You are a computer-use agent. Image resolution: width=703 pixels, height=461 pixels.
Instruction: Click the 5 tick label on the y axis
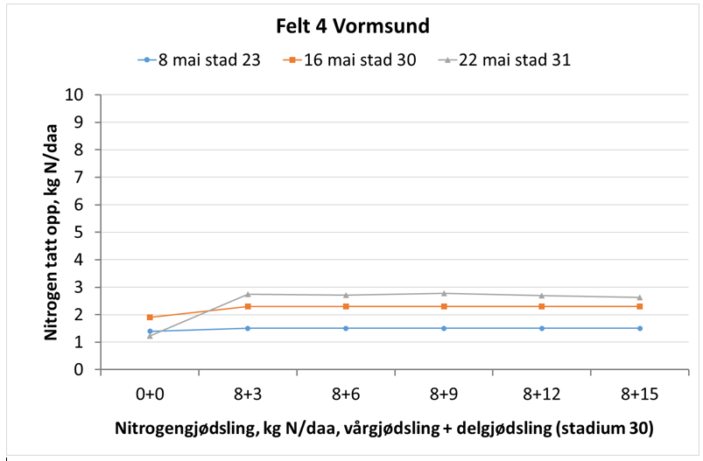click(79, 232)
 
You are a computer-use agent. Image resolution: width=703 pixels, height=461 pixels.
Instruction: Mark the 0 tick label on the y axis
click(79, 369)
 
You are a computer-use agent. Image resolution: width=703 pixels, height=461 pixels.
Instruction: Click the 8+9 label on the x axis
click(444, 394)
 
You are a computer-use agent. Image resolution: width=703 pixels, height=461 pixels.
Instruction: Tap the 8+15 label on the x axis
click(640, 394)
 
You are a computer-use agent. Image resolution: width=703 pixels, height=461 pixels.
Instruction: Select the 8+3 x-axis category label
click(248, 394)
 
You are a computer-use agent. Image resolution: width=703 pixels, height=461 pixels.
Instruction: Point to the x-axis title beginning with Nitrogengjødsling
click(383, 429)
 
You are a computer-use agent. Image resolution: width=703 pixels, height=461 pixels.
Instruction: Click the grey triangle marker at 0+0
click(150, 336)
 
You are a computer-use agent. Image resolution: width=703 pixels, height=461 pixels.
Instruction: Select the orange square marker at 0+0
click(150, 318)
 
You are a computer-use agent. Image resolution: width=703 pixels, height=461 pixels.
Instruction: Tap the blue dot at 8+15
click(640, 328)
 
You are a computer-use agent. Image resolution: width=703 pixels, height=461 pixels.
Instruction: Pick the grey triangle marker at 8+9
click(444, 293)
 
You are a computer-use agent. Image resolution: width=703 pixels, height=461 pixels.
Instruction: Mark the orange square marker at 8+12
click(542, 306)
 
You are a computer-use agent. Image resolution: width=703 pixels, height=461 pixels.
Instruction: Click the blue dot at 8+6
click(346, 328)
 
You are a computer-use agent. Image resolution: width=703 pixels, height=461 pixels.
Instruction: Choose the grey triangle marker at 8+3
click(248, 294)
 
